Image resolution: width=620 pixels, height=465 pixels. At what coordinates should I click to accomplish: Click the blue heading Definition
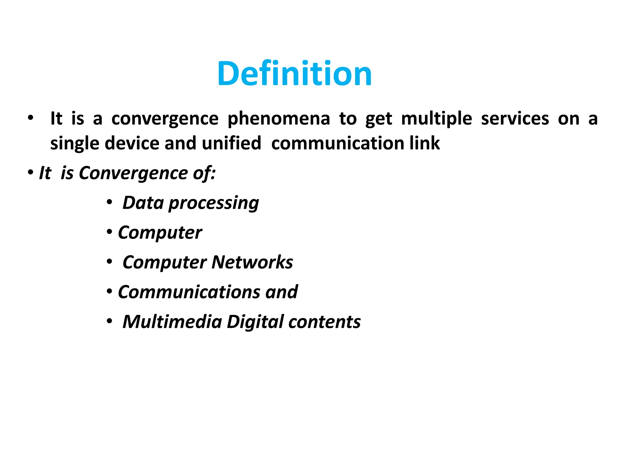(294, 74)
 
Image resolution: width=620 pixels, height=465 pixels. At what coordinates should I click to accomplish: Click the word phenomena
(279, 119)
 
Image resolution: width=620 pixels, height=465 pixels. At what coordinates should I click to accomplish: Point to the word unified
(231, 143)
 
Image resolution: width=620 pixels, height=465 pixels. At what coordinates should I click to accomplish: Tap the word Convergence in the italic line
(133, 173)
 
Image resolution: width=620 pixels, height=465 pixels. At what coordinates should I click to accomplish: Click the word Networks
(252, 262)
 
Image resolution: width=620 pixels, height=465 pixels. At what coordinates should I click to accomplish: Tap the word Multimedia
(172, 322)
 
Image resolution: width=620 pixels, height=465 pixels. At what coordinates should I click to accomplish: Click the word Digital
(255, 322)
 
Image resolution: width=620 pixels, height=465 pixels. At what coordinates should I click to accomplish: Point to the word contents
(324, 322)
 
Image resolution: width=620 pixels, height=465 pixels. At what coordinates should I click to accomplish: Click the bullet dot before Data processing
(109, 202)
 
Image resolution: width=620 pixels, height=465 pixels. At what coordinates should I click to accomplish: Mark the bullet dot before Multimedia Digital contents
(109, 321)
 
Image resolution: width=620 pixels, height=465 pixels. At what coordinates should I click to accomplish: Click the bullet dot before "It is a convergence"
(30, 118)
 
